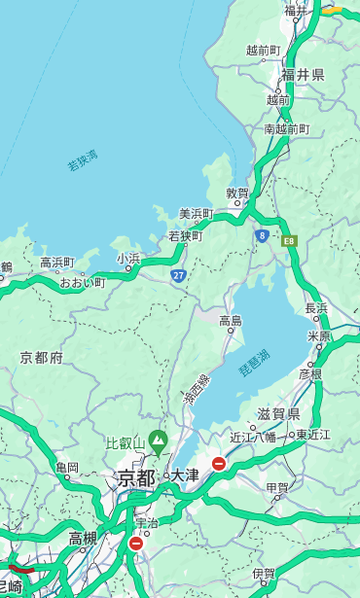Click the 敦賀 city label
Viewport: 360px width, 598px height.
click(x=237, y=193)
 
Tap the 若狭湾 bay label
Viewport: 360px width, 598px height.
click(x=82, y=160)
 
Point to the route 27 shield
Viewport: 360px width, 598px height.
click(x=179, y=275)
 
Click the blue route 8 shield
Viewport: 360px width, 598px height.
click(x=262, y=235)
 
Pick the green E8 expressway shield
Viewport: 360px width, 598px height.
click(x=289, y=240)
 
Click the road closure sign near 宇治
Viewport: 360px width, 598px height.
click(x=135, y=544)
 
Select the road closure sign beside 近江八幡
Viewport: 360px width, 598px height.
click(x=219, y=464)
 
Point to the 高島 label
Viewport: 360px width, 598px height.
click(x=231, y=321)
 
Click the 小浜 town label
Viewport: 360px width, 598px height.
click(x=128, y=259)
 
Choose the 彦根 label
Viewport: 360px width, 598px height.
click(x=310, y=373)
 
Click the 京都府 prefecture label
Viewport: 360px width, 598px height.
click(x=42, y=358)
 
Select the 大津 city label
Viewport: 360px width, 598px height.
click(x=185, y=476)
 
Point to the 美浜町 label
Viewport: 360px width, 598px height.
click(x=196, y=214)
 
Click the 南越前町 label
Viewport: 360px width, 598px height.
click(x=286, y=129)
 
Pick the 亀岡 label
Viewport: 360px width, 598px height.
click(x=67, y=468)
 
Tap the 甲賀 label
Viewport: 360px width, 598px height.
click(x=277, y=488)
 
